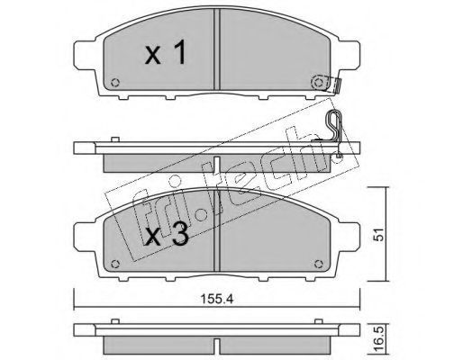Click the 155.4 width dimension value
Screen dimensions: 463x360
coord(217,299)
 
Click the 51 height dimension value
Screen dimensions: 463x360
coord(379,234)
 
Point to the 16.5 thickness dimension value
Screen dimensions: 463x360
coord(379,340)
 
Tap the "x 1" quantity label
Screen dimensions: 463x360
coord(166,53)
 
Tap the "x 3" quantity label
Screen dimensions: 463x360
coord(167,234)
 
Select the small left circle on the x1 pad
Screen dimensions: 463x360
coord(115,83)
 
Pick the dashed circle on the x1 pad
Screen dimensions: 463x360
coord(318,82)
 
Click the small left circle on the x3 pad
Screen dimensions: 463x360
coord(115,264)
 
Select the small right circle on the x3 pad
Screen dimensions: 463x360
coord(318,264)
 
